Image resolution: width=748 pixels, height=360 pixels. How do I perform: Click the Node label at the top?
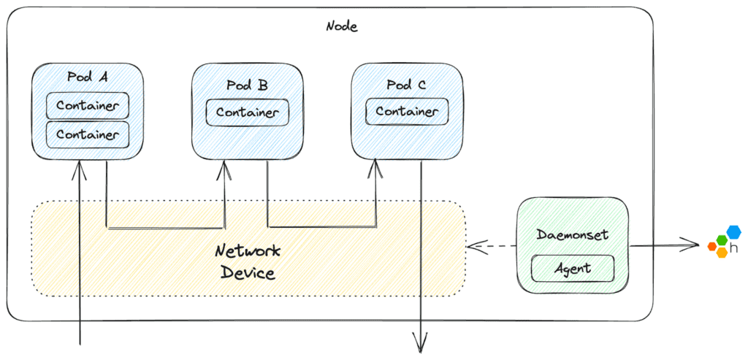(x=342, y=26)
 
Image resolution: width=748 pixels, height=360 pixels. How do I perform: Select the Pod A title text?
(x=88, y=77)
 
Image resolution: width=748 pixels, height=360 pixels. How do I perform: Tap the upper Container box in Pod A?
(x=88, y=106)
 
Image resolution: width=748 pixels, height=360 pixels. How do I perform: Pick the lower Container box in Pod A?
(x=88, y=134)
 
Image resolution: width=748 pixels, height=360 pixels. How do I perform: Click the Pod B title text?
(x=247, y=85)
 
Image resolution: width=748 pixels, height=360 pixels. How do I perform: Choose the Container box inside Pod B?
(x=247, y=113)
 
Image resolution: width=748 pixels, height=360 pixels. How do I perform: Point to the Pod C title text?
(x=406, y=85)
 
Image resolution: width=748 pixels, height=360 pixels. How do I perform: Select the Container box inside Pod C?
(x=407, y=112)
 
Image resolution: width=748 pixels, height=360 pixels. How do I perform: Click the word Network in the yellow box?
(x=248, y=251)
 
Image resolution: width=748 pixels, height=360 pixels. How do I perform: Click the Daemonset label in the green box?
(x=572, y=235)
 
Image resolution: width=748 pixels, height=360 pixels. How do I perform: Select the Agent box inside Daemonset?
(x=572, y=269)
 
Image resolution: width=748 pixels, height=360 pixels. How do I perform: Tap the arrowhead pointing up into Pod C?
(x=376, y=169)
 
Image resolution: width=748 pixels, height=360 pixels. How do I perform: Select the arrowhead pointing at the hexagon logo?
(x=692, y=245)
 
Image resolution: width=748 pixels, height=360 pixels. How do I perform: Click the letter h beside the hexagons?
(x=733, y=248)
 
